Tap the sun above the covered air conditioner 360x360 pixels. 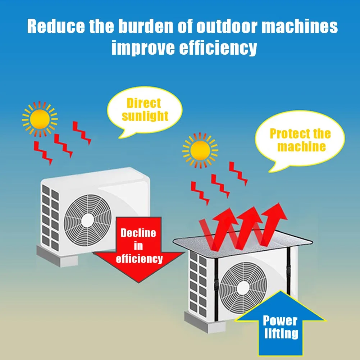pos(200,150)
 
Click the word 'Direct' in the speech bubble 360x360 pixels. pos(143,103)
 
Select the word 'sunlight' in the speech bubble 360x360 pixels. pos(145,116)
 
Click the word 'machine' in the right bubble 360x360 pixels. pos(301,146)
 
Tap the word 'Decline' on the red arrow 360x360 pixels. pos(138,233)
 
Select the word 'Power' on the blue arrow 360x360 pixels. pos(280,320)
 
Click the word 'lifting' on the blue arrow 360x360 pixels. pos(281,333)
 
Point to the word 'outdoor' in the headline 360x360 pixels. pos(223,27)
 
